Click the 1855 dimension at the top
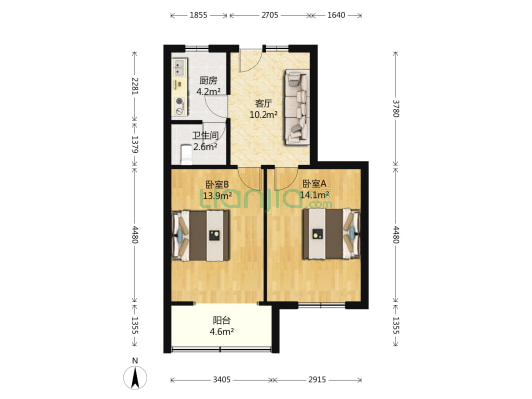click(199, 15)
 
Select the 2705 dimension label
click(270, 15)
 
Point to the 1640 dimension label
click(336, 15)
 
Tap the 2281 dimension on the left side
click(135, 86)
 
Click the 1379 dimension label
click(135, 144)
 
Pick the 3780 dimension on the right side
click(396, 108)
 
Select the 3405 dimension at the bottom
click(222, 380)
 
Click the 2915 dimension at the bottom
click(317, 380)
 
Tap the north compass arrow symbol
click(135, 377)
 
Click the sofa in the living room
click(297, 107)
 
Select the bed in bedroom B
click(201, 235)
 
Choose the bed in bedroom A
click(331, 234)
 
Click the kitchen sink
click(179, 67)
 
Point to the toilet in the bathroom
click(186, 154)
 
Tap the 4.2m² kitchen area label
click(208, 91)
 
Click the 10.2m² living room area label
click(264, 115)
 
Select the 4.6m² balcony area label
click(221, 331)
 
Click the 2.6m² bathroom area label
click(205, 147)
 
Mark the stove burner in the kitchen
click(179, 101)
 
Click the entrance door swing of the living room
click(250, 61)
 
